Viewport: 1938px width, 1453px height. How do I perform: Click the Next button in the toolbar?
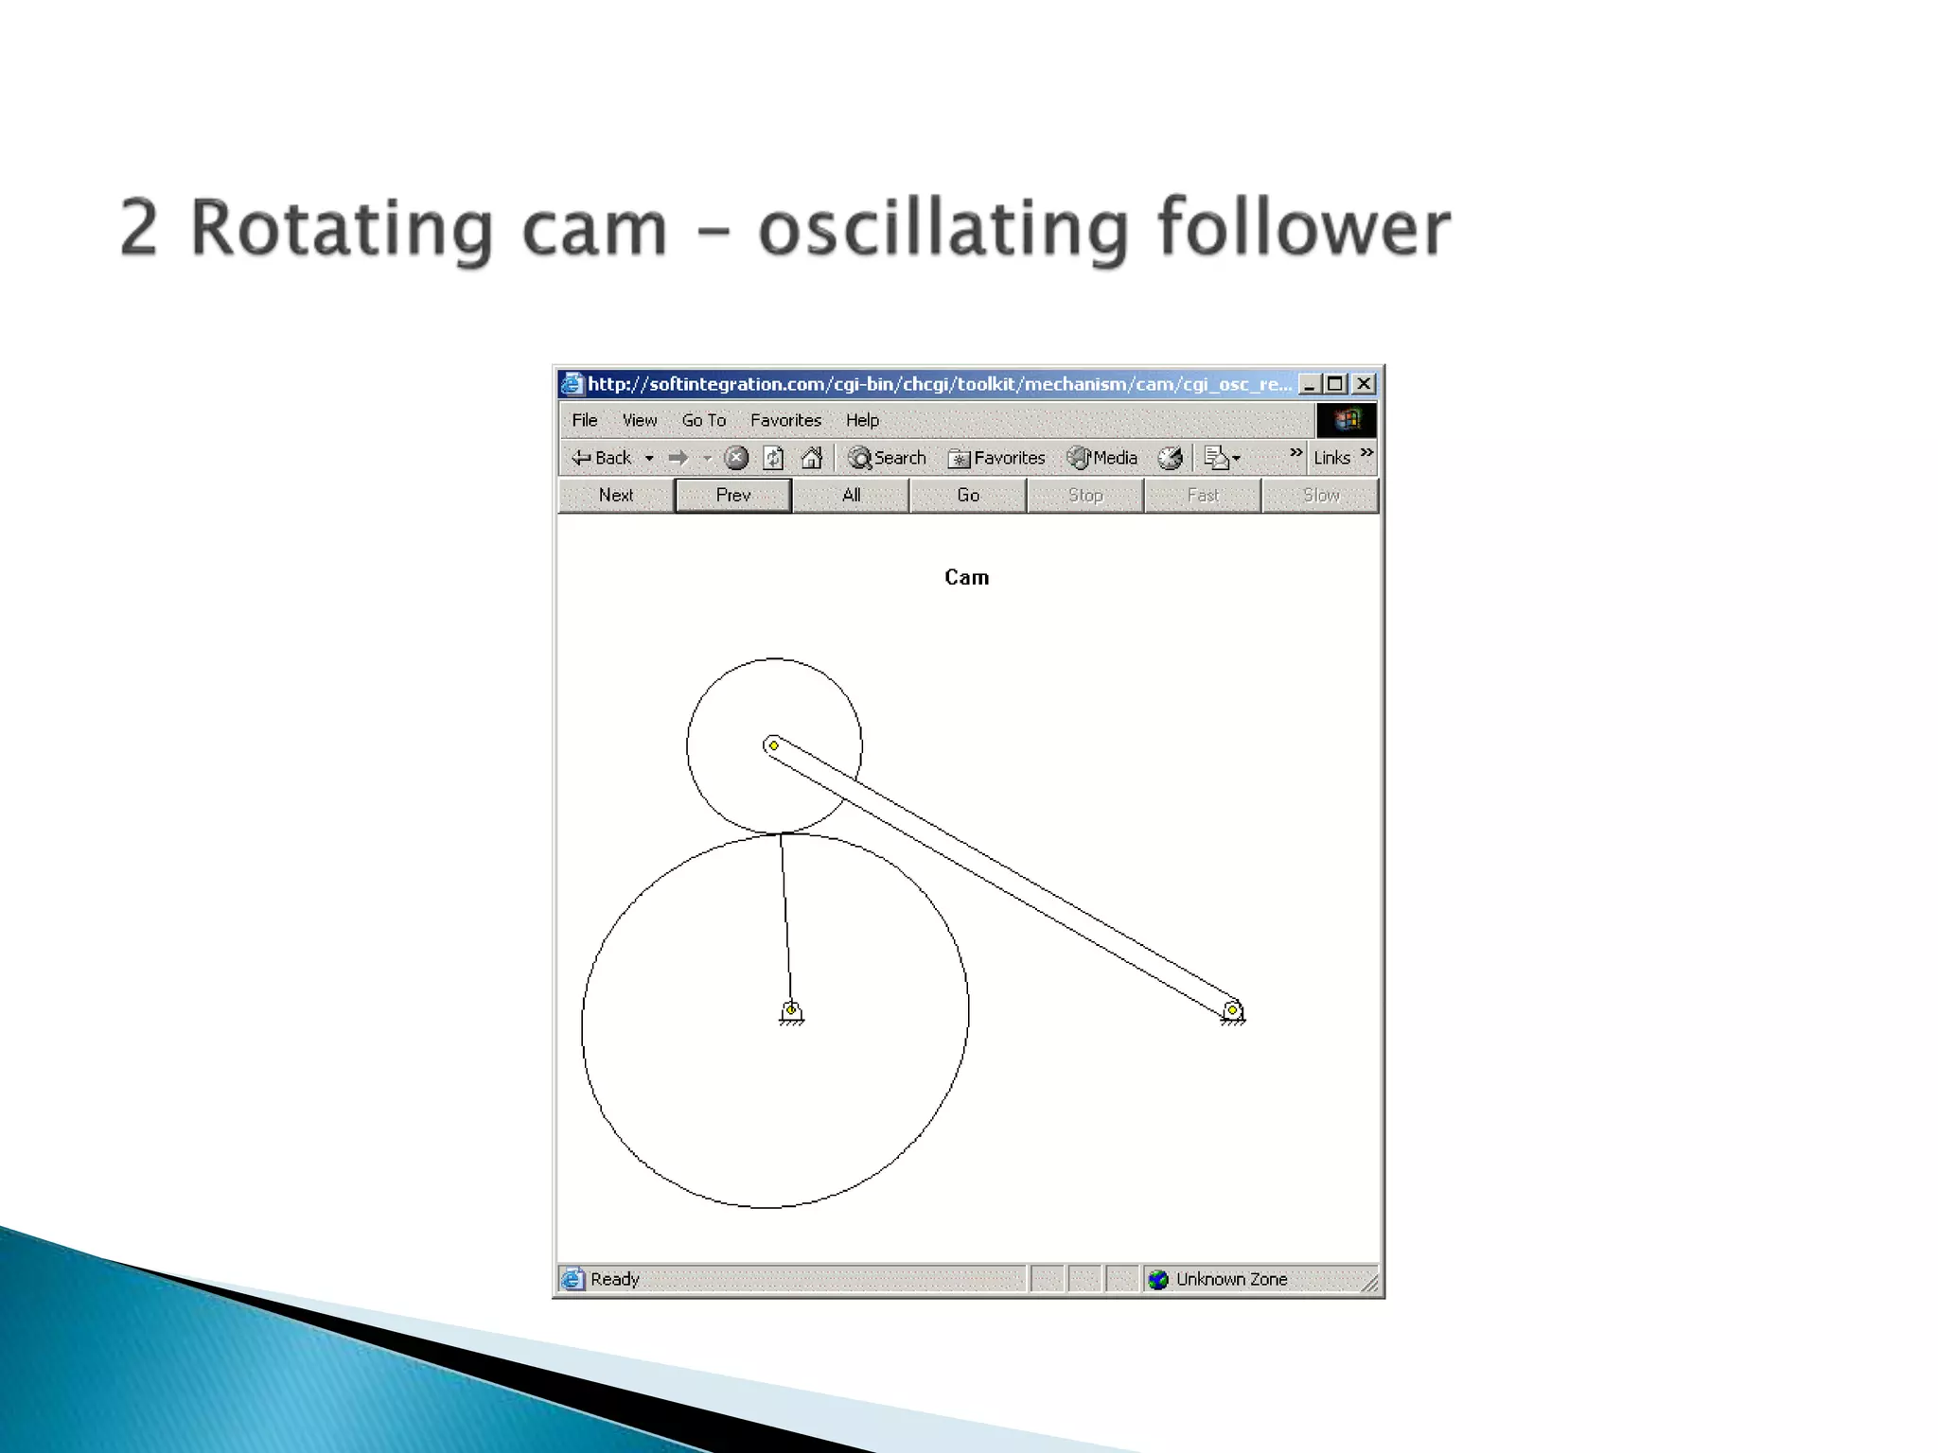616,496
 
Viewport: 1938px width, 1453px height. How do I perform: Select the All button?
851,496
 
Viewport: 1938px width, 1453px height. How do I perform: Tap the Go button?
968,496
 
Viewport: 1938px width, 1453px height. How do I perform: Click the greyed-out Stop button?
1085,496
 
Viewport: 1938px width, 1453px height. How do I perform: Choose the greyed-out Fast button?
1203,496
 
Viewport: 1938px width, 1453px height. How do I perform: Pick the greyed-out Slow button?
1320,496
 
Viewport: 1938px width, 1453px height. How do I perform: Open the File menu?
585,420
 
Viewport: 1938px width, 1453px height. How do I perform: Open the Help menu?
862,420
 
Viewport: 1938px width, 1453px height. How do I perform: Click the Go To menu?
703,420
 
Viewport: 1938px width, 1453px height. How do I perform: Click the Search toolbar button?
888,458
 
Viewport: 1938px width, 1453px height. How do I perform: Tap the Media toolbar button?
1102,458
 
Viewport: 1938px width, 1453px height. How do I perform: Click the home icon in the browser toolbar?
811,458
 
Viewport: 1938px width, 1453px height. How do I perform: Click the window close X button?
1364,384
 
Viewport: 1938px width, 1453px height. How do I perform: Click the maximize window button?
1336,384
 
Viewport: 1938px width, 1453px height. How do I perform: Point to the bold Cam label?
966,578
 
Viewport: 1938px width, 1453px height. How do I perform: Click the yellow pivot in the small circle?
774,745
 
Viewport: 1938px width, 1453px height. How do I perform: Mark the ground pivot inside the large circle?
791,1010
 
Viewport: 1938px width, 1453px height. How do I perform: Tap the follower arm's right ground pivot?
1232,1010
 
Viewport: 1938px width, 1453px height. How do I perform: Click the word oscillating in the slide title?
943,229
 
